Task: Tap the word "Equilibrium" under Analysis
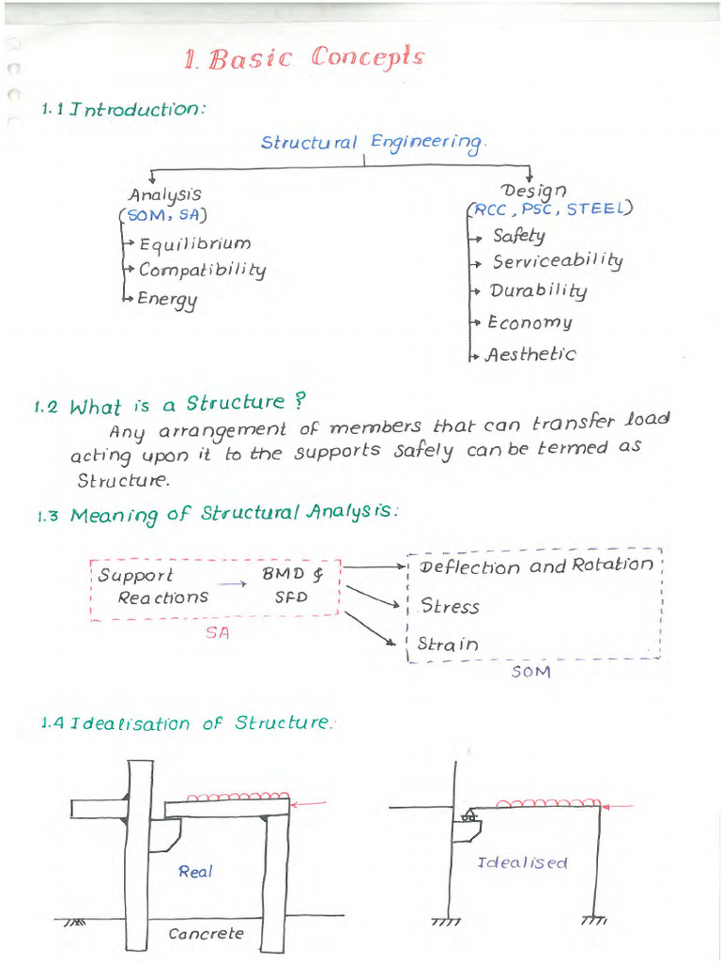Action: coord(194,245)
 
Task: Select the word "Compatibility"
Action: coord(202,271)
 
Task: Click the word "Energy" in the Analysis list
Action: coord(168,300)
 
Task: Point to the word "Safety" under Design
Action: coord(518,235)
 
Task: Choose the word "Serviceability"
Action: coord(557,261)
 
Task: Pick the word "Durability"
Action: coord(538,291)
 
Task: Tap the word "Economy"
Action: coord(529,322)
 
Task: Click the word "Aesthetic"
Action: coord(530,354)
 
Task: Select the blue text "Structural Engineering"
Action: coord(373,143)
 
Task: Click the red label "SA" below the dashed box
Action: coord(217,633)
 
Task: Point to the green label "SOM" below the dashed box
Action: coord(530,672)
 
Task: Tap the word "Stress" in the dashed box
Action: coord(450,607)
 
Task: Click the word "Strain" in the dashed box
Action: coord(448,644)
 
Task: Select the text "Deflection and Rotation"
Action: coord(536,566)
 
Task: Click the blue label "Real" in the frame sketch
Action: coord(195,872)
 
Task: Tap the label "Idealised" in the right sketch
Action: coord(522,862)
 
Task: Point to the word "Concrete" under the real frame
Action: coord(206,934)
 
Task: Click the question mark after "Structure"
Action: coord(300,400)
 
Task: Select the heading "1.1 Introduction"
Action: coord(123,109)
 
